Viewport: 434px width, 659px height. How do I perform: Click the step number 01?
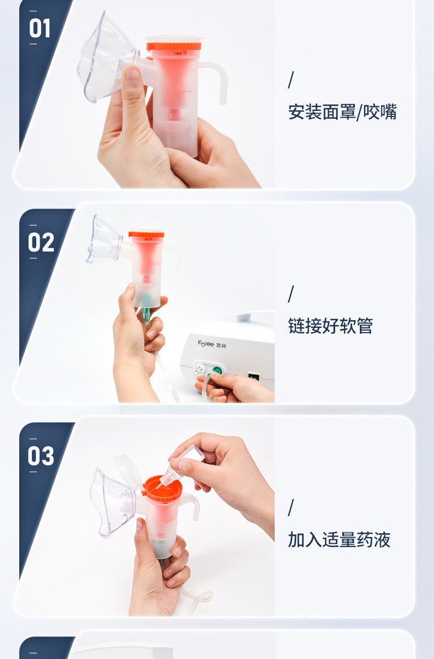(40, 28)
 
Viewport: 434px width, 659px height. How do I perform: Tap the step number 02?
(41, 242)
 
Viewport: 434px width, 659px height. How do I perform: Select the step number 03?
(41, 456)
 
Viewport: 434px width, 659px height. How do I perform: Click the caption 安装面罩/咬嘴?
(342, 112)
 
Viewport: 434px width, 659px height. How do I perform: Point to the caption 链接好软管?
(330, 326)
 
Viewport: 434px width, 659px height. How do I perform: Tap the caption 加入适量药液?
(339, 539)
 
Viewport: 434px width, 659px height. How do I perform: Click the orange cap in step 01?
(174, 46)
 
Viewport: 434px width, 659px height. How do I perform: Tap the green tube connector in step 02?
(146, 312)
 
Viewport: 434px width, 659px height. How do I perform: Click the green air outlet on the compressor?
(217, 370)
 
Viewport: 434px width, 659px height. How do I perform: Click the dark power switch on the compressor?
(253, 377)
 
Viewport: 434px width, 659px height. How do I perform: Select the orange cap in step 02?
(146, 234)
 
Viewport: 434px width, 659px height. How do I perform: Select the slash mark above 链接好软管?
(291, 294)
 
